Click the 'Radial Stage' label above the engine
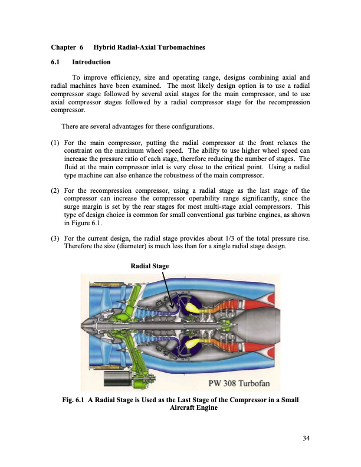coord(149,267)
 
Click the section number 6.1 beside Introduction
coord(57,62)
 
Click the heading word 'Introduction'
coord(91,62)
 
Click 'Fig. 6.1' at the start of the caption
coord(75,400)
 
